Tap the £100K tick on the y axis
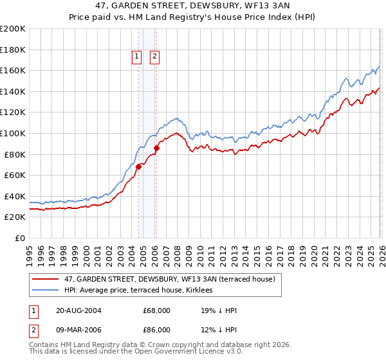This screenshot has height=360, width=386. [x=12, y=133]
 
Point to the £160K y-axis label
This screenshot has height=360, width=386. [x=12, y=70]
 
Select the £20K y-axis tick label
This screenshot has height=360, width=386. [x=14, y=217]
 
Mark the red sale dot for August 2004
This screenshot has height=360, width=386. [x=138, y=166]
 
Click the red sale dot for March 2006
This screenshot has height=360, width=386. [x=156, y=148]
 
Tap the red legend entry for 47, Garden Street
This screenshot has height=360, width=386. [x=170, y=278]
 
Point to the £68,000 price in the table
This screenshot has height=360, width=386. [x=157, y=310]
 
